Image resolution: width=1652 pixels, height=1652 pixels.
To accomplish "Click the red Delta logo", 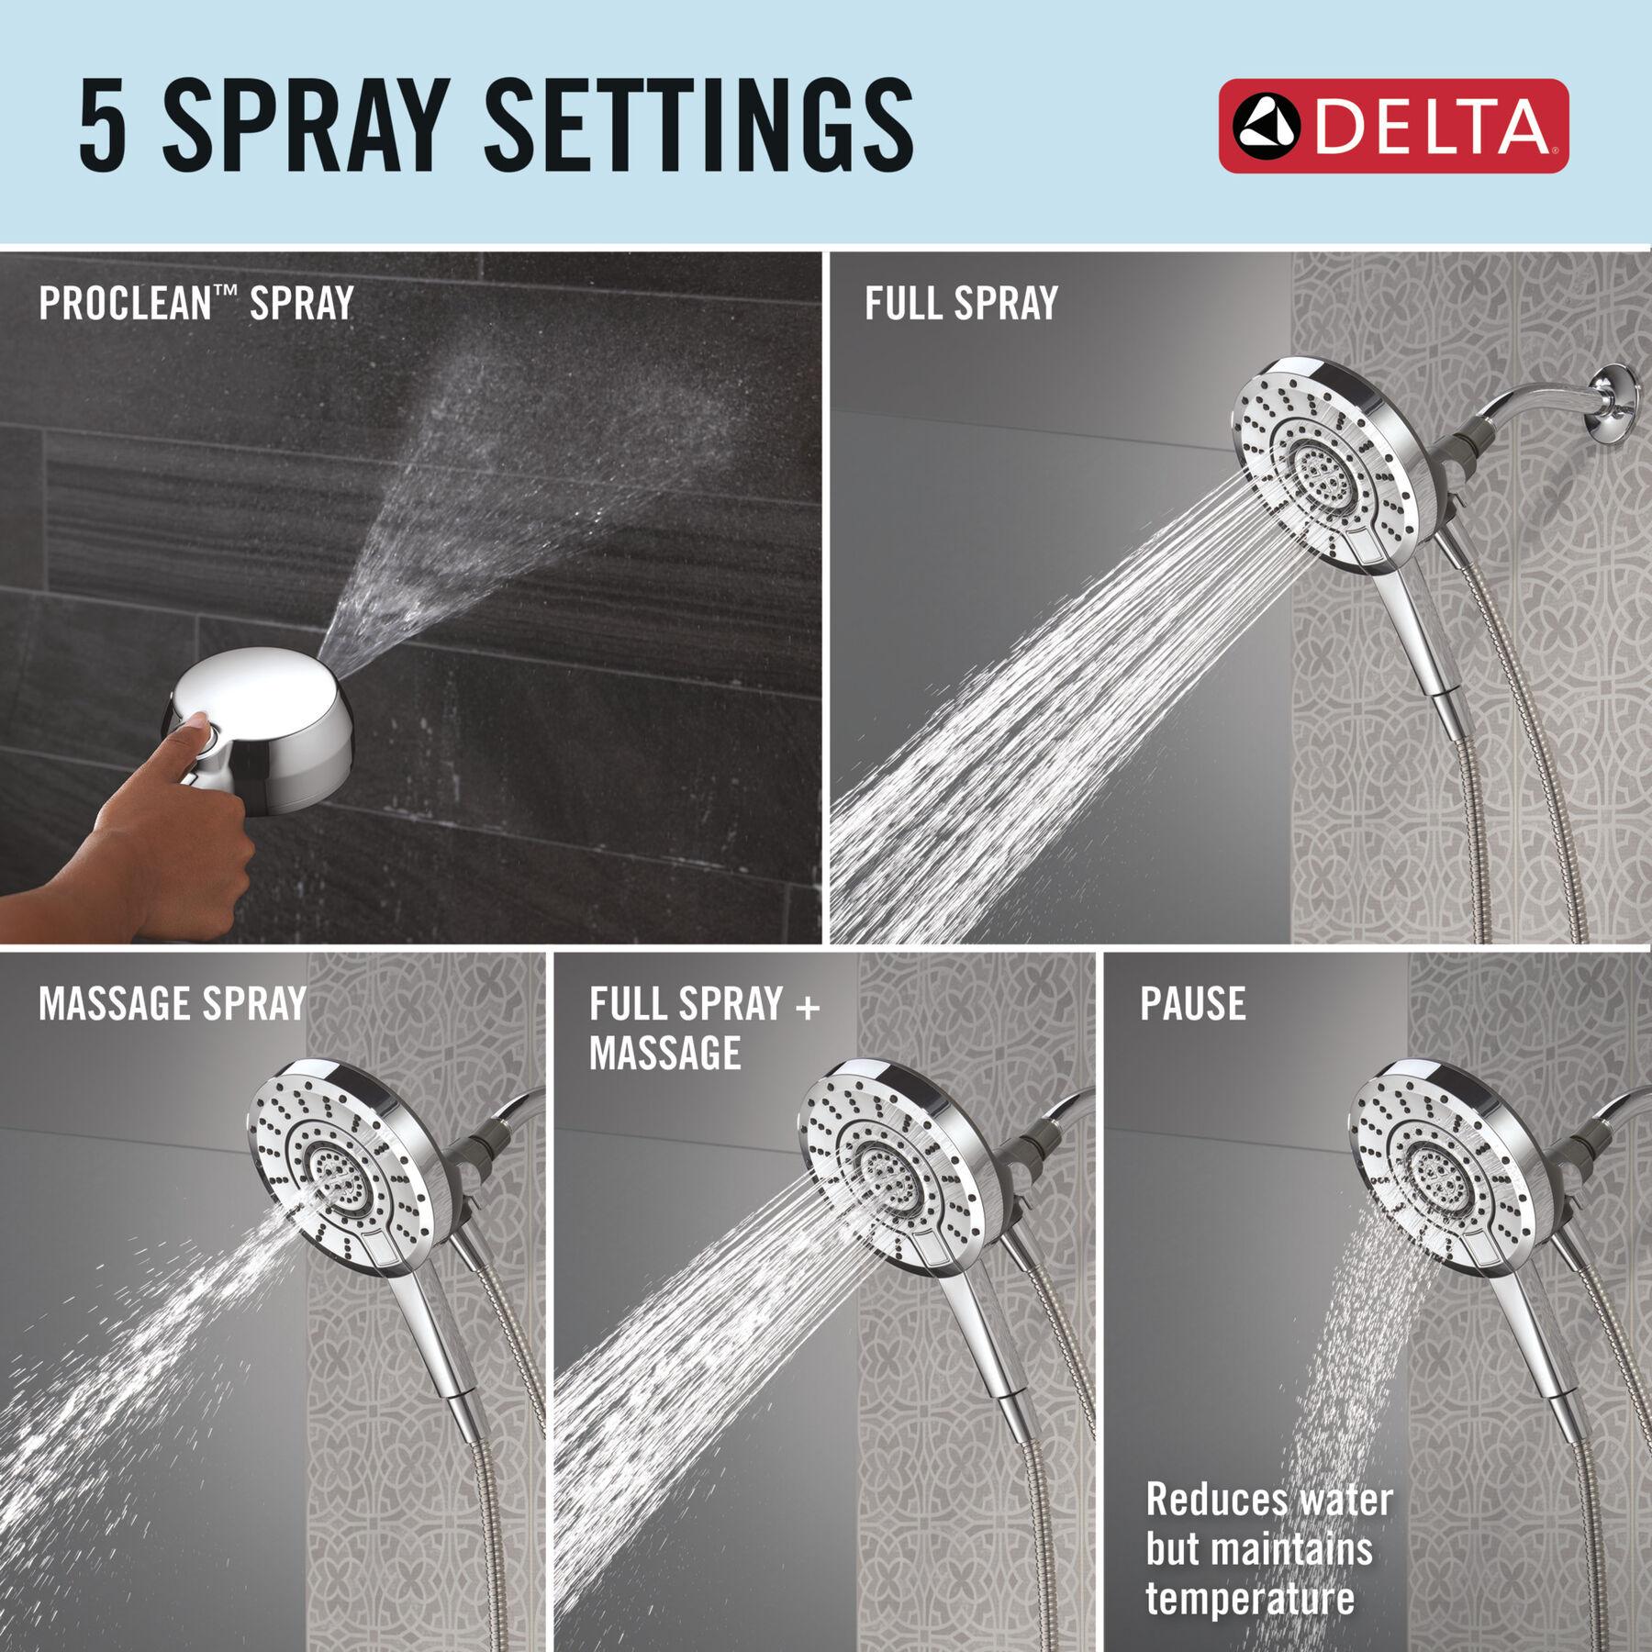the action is (x=1393, y=126).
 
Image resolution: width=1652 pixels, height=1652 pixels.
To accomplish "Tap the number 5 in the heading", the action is (x=102, y=125).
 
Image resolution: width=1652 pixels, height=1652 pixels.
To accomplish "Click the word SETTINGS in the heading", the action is (x=698, y=125).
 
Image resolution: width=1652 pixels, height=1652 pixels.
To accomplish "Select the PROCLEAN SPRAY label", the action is (x=195, y=303).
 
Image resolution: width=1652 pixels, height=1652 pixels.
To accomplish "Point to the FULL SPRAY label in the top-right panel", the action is (x=961, y=303).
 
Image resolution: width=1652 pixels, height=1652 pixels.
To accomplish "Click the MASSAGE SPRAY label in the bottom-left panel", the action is (x=172, y=1003).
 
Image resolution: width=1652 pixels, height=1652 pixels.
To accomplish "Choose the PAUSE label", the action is (x=1192, y=1003).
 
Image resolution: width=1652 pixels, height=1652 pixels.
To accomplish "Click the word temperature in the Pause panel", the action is (x=1250, y=1599).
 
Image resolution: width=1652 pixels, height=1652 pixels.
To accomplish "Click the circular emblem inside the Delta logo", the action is (x=1267, y=127).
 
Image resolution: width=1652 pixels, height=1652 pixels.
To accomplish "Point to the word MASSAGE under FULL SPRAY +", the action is (x=664, y=1053).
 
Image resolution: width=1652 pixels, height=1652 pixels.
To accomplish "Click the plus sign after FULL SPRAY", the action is (x=808, y=1007).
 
